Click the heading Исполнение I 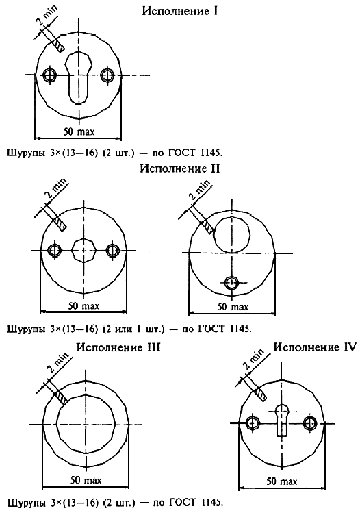click(x=180, y=11)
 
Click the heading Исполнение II click(x=180, y=168)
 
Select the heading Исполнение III click(x=118, y=347)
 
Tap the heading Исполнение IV click(x=315, y=347)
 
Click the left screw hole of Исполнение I click(x=50, y=75)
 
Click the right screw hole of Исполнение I click(x=107, y=75)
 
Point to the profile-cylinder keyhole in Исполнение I click(x=78, y=78)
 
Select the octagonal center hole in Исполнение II click(x=83, y=250)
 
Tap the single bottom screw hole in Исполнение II click(x=232, y=281)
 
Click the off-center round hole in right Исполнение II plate click(x=232, y=234)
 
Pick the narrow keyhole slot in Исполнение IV click(x=282, y=420)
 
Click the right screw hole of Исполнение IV click(x=309, y=423)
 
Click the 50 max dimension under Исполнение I click(x=79, y=132)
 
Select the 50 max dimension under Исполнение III click(x=86, y=480)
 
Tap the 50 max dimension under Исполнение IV click(x=282, y=481)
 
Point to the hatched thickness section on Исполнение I click(x=59, y=45)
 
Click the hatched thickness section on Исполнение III click(x=61, y=397)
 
